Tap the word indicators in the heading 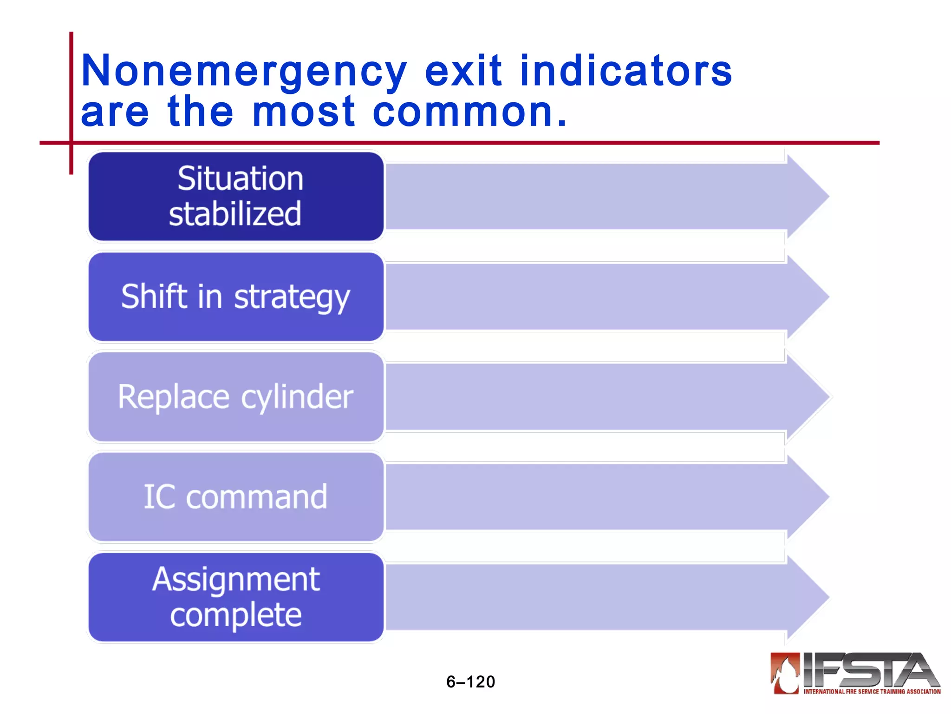[625, 71]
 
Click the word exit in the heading [463, 71]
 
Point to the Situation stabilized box [236, 196]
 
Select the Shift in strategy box [236, 297]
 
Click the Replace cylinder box [236, 397]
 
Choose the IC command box [236, 497]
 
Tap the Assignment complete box [236, 597]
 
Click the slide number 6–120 [470, 682]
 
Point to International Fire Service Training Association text [872, 692]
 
